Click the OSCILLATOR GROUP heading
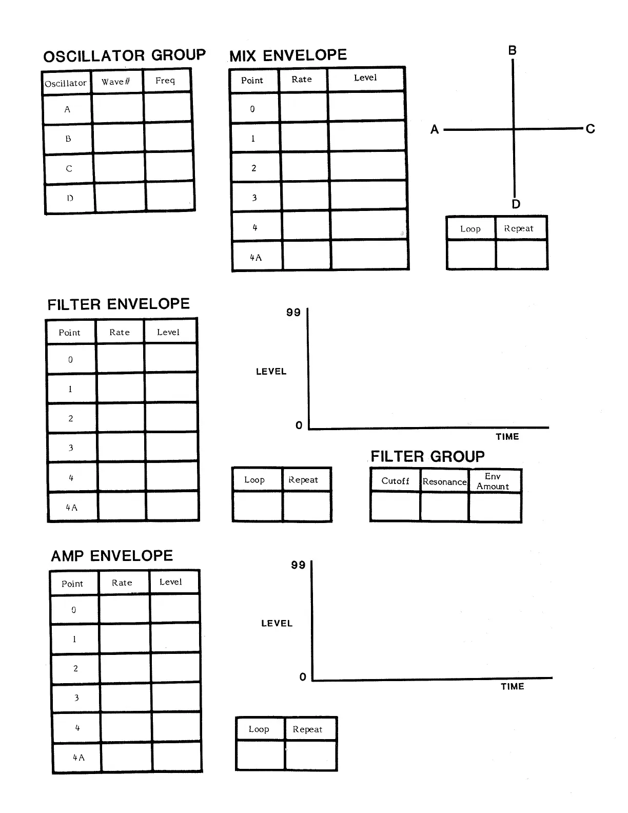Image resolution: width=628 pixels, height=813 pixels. [x=124, y=56]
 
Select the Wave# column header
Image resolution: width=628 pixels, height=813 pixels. [x=116, y=82]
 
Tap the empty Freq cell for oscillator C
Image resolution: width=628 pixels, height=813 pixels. [x=169, y=167]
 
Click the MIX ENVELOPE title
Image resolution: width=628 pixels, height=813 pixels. [x=288, y=55]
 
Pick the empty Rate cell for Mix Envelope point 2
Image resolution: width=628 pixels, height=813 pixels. [x=305, y=167]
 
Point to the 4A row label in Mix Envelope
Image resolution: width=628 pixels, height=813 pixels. [x=256, y=257]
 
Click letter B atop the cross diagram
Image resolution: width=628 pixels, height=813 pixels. [x=512, y=50]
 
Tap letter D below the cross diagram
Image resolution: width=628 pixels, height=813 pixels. [x=516, y=204]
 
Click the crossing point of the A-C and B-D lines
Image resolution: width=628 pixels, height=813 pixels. [x=514, y=129]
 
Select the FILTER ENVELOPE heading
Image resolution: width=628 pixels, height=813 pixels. [x=119, y=304]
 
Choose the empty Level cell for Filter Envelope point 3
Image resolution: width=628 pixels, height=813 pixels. [x=171, y=447]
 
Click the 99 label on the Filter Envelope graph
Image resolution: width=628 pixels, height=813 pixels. [x=293, y=313]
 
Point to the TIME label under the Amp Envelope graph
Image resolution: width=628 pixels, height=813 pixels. [x=512, y=687]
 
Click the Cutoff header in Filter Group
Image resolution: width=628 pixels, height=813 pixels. [x=395, y=481]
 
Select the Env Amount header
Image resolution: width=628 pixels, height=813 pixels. [x=493, y=481]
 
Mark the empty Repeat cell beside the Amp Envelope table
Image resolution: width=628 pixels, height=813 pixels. [x=310, y=755]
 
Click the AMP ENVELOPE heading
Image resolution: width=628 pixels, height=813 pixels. [x=112, y=556]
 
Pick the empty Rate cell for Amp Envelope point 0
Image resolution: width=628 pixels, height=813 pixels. [x=124, y=609]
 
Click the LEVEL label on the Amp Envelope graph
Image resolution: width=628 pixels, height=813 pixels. [x=277, y=623]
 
